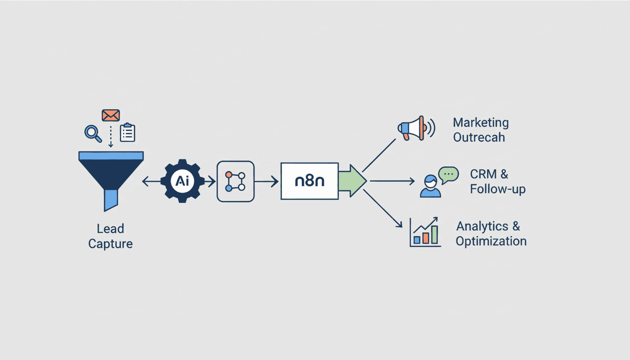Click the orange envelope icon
(111, 115)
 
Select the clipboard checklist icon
(127, 133)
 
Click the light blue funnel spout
(111, 200)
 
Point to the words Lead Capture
(111, 236)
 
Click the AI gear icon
(182, 181)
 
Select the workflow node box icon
(235, 181)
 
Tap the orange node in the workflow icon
(229, 175)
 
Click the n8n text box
(309, 181)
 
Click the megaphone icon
(415, 128)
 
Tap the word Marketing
(480, 123)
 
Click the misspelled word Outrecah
(479, 138)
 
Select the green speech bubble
(448, 174)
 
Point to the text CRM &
(489, 174)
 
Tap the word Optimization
(491, 241)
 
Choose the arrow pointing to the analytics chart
(383, 209)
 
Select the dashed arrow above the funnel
(111, 136)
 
